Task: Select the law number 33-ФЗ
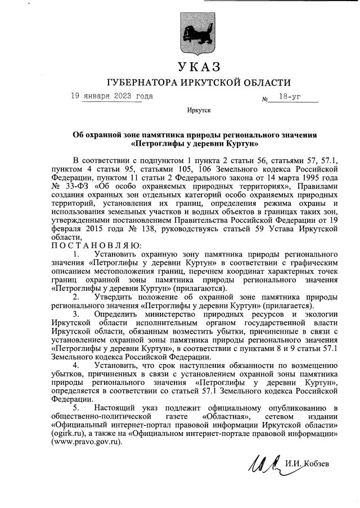pyautogui.click(x=72, y=186)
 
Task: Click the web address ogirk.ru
pyautogui.click(x=67, y=434)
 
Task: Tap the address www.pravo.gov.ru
pyautogui.click(x=87, y=443)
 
